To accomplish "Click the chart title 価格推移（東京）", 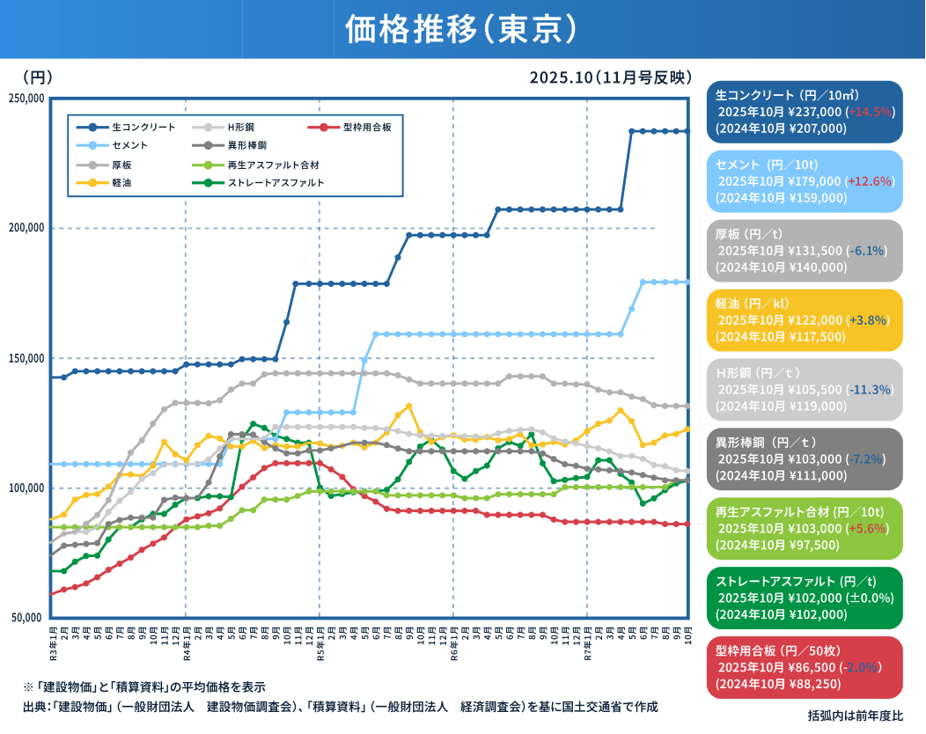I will click(461, 29).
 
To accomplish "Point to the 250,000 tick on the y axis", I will click(26, 98).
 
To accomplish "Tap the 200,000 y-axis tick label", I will click(26, 228).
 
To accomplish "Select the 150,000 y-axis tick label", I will click(26, 358).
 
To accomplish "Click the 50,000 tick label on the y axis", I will click(28, 618).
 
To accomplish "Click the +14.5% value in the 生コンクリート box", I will click(870, 112).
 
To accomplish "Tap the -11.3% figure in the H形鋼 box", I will click(869, 390).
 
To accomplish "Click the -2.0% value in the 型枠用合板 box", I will click(869, 668).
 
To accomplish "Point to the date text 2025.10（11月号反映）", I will click(610, 77).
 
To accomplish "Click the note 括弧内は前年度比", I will click(855, 716).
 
